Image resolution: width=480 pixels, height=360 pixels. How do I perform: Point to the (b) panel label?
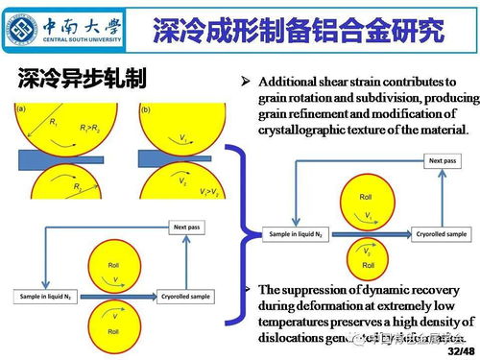coord(145,109)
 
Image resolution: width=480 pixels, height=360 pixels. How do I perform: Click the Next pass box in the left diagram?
coord(185,227)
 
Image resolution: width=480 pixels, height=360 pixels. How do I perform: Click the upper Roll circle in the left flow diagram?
coord(113,271)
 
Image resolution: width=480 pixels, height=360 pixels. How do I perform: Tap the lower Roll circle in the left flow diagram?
coord(113,323)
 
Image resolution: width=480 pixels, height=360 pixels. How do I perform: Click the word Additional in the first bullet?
coord(286,84)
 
